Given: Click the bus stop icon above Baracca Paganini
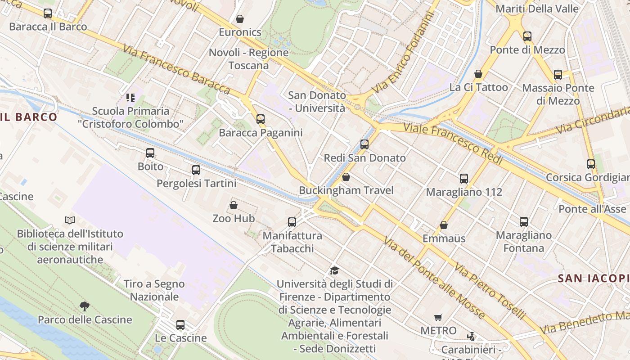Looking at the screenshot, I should coord(261,119).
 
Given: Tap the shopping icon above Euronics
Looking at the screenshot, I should coord(240,19).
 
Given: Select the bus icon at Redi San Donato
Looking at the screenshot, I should coord(364,144).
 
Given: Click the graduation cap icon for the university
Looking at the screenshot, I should coord(334,270).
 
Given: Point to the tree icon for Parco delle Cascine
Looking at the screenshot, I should coord(84,306).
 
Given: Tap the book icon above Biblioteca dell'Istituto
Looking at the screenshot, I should coord(70,220).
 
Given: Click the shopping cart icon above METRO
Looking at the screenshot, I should coord(438,317).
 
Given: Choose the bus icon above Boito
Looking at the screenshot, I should coord(150,153).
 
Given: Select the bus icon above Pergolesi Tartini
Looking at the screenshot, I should coord(196,170).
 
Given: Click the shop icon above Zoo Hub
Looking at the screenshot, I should coord(234,205).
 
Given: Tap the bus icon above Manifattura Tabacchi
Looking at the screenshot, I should coord(292,222).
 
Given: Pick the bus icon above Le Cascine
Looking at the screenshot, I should coord(180,324).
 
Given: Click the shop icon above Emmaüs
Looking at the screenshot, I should coord(444,225).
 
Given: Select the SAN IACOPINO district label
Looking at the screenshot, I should coord(593,279).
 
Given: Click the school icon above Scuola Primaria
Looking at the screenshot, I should coord(130,97).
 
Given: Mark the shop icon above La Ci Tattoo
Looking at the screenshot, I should coord(478,74).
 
